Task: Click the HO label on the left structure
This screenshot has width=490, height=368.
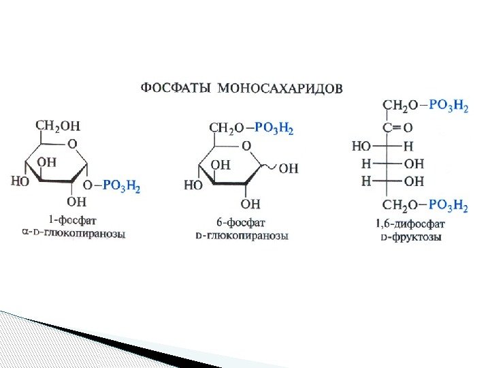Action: coord(20,182)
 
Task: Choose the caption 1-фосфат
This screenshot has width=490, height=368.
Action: coord(72,220)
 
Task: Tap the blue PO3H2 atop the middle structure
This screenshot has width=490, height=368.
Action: coord(274,128)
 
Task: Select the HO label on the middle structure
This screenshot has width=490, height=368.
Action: coord(193,185)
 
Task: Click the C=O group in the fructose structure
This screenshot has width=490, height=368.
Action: coord(397,127)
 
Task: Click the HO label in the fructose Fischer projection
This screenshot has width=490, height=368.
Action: coord(361,145)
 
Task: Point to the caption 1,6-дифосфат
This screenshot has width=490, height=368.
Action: coord(410,223)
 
